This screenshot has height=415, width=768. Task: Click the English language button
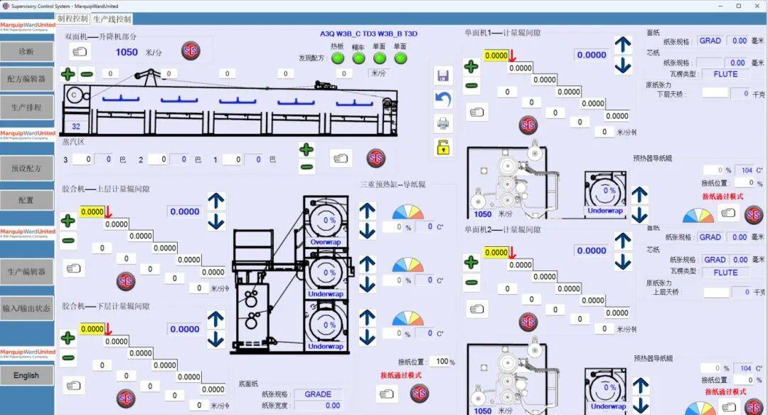(26, 375)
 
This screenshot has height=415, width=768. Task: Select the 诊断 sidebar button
(26, 51)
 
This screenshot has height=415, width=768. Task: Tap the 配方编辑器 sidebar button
(26, 78)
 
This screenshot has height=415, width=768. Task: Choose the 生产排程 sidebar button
(26, 107)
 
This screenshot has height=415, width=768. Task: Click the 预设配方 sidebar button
(26, 169)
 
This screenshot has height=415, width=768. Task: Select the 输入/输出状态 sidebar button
(26, 308)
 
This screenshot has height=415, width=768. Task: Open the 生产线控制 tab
(112, 19)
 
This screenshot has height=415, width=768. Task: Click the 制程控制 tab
(73, 19)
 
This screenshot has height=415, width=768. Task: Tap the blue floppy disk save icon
(443, 75)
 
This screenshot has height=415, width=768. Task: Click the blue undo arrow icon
(443, 99)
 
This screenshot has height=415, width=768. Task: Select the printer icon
(443, 123)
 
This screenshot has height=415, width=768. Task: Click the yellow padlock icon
(443, 147)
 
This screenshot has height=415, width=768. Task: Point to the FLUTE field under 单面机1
(725, 74)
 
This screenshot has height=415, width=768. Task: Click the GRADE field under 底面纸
(318, 394)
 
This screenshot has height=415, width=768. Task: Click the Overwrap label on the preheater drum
(326, 242)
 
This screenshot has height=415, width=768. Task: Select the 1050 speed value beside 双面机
(127, 52)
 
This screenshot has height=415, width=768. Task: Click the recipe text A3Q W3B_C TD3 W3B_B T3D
(368, 33)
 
